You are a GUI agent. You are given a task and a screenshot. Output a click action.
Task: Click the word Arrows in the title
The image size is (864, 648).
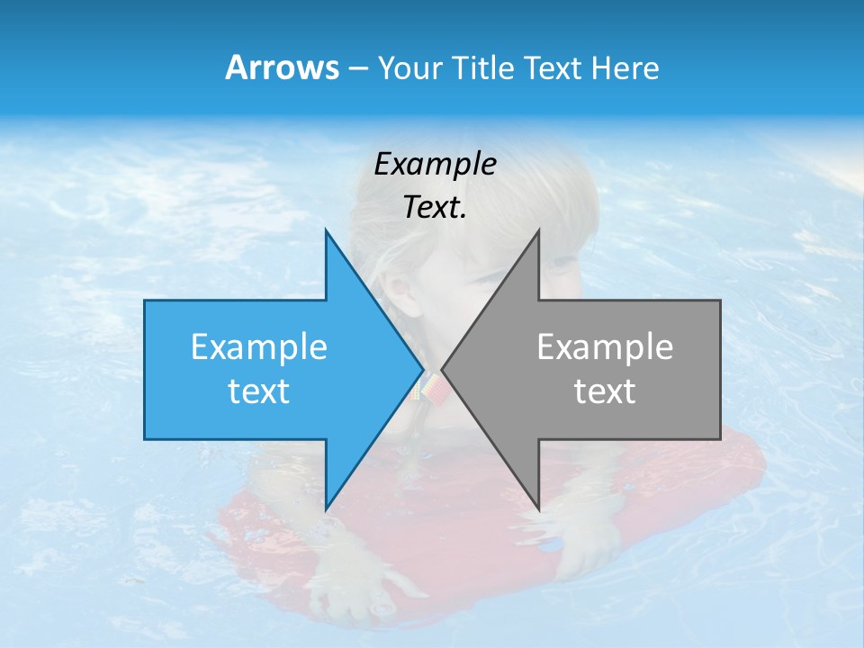tap(282, 67)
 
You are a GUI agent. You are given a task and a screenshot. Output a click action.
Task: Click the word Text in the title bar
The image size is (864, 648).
tap(552, 68)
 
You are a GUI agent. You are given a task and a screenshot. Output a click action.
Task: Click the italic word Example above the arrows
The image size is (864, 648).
tap(435, 165)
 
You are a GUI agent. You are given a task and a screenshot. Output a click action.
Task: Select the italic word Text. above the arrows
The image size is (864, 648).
tap(435, 208)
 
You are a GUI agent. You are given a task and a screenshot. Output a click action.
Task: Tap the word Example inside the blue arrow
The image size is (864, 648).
tap(259, 347)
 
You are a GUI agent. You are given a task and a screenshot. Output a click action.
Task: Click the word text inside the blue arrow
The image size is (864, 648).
tap(259, 391)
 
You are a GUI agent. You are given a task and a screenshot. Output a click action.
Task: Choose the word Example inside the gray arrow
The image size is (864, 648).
tap(605, 347)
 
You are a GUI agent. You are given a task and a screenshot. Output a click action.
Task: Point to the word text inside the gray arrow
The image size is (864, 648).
tap(605, 391)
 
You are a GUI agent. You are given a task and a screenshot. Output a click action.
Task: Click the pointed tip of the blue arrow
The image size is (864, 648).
tap(422, 369)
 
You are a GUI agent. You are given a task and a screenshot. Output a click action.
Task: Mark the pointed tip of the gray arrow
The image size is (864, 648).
tap(443, 369)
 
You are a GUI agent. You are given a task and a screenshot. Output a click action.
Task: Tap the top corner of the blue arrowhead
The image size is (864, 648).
tap(326, 230)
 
